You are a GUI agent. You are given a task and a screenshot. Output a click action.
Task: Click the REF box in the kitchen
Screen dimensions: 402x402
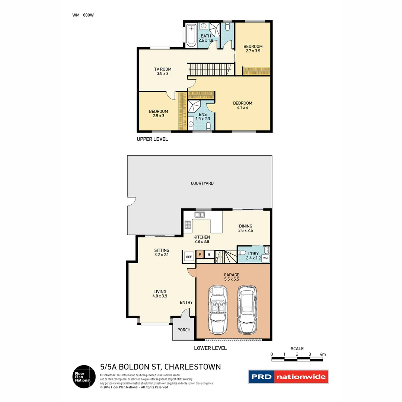[189, 256]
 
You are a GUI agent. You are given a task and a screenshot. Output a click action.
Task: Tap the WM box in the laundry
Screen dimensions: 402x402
[265, 258]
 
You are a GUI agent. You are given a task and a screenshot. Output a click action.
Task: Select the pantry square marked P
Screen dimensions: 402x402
[200, 255]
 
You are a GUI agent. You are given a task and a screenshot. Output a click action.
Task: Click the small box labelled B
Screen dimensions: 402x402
[209, 255]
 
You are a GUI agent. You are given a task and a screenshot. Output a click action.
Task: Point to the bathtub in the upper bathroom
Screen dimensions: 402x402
[191, 35]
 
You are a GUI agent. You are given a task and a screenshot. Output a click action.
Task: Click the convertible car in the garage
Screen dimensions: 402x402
[217, 309]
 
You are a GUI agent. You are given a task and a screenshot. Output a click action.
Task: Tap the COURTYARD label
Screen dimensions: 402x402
[202, 183]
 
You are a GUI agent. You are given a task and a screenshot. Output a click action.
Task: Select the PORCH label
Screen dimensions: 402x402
[184, 330]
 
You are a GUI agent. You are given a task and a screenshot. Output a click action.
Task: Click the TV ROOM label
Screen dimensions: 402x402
[163, 71]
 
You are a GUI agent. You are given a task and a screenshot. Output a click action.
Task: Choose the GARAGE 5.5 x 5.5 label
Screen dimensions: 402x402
[232, 277]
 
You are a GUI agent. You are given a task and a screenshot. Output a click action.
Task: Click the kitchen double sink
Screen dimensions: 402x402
[200, 214]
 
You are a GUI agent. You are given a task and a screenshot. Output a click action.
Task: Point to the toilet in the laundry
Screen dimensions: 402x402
[243, 252]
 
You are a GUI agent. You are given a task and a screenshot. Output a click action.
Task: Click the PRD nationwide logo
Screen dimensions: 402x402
[288, 377]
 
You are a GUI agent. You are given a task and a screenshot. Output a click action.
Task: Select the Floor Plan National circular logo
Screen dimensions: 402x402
[83, 377]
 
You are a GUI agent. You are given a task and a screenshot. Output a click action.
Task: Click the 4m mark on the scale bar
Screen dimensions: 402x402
[322, 354]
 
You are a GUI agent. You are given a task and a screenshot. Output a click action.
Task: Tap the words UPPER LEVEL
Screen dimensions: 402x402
[153, 139]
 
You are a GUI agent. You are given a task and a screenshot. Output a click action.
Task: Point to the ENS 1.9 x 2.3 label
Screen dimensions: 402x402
[202, 117]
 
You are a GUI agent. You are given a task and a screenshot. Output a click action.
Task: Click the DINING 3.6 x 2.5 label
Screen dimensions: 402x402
[245, 228]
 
